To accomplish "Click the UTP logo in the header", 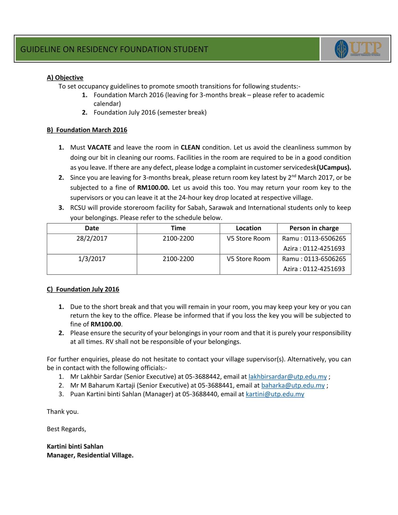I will click(x=357, y=49).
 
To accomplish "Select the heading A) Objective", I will click(x=65, y=78).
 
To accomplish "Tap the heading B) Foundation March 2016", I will click(x=87, y=130).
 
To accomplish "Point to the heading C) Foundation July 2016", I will click(x=83, y=289).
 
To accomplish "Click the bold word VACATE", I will click(x=99, y=147).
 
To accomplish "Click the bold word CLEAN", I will click(x=190, y=147).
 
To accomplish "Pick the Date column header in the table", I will click(x=92, y=228).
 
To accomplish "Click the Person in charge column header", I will click(x=314, y=228).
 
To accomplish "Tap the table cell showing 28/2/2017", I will click(x=92, y=239).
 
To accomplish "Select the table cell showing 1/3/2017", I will click(x=92, y=259).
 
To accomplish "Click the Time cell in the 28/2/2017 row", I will click(x=178, y=239).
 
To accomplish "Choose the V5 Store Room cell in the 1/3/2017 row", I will click(x=248, y=259).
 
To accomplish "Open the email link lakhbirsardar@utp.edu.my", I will click(x=288, y=377).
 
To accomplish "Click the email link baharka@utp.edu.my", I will click(x=293, y=385).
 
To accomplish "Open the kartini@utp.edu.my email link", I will click(x=275, y=394).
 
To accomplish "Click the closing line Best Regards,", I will click(x=66, y=429).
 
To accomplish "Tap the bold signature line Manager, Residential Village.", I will click(x=90, y=455).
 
